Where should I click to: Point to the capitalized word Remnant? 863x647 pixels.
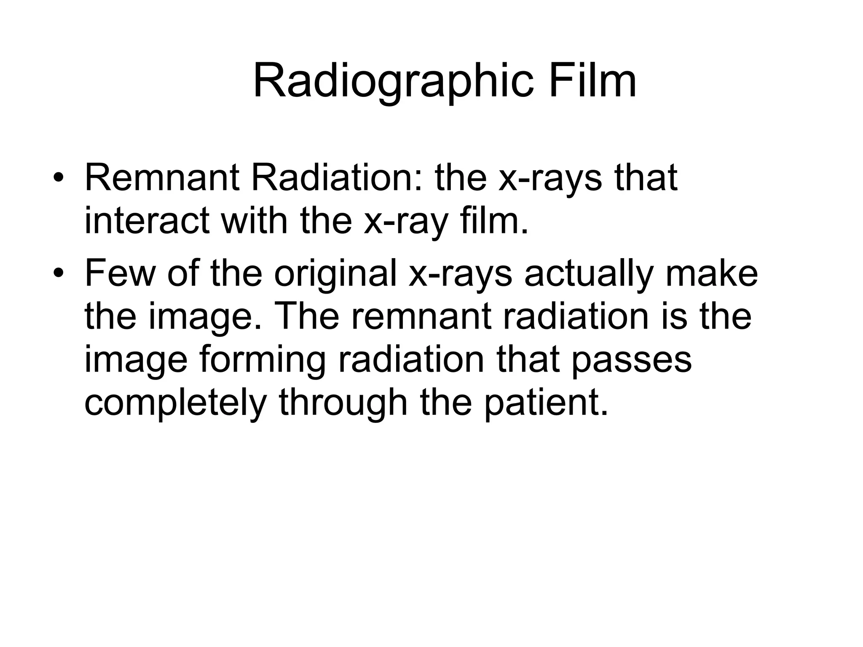coord(162,178)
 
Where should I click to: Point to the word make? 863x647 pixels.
coord(712,273)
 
